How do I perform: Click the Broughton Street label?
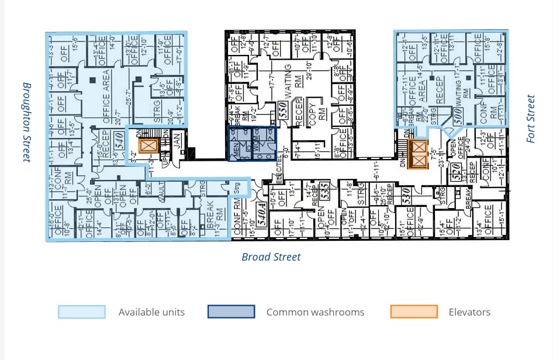click(x=27, y=122)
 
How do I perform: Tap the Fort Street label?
click(x=530, y=119)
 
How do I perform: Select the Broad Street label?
click(x=271, y=257)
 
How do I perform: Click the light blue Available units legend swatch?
click(x=82, y=312)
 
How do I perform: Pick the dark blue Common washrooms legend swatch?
click(x=231, y=312)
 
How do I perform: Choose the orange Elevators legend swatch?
click(x=414, y=312)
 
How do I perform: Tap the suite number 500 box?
click(x=459, y=115)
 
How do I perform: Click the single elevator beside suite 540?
click(x=147, y=145)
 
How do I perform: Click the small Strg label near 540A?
click(x=237, y=189)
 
